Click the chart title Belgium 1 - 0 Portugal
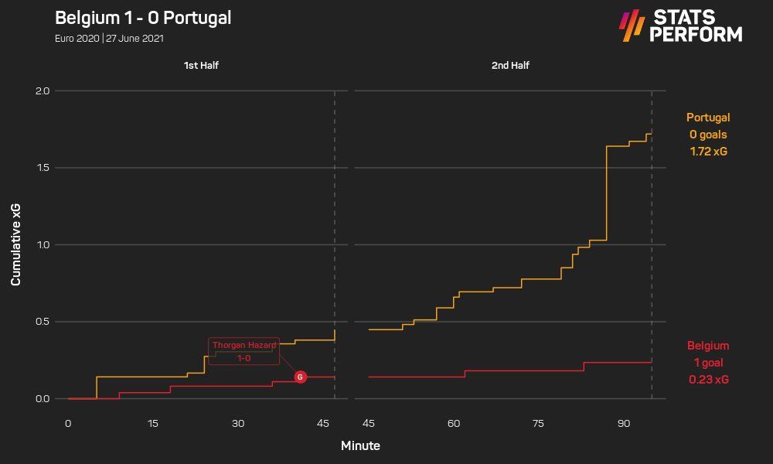click(x=144, y=18)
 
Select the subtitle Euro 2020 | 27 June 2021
click(x=109, y=38)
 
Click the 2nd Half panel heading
click(x=510, y=66)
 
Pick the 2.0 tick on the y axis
click(x=42, y=91)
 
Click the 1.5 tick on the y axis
click(x=42, y=168)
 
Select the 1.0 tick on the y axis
click(x=42, y=245)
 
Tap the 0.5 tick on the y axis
click(x=42, y=322)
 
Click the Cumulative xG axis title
click(x=15, y=245)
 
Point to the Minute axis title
click(x=360, y=446)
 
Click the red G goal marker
click(x=301, y=377)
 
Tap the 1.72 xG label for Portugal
click(x=708, y=152)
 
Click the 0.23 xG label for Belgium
click(x=708, y=380)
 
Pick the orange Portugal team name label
click(x=708, y=118)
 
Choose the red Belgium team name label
click(x=708, y=346)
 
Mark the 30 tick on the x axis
click(x=238, y=424)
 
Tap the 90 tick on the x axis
click(x=624, y=424)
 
